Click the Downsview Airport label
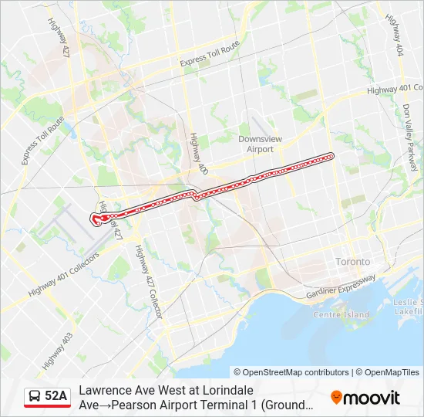pos(255,144)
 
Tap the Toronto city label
pos(352,262)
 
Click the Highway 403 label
pos(57,350)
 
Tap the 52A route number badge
pos(56,396)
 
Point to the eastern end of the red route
pos(332,156)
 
